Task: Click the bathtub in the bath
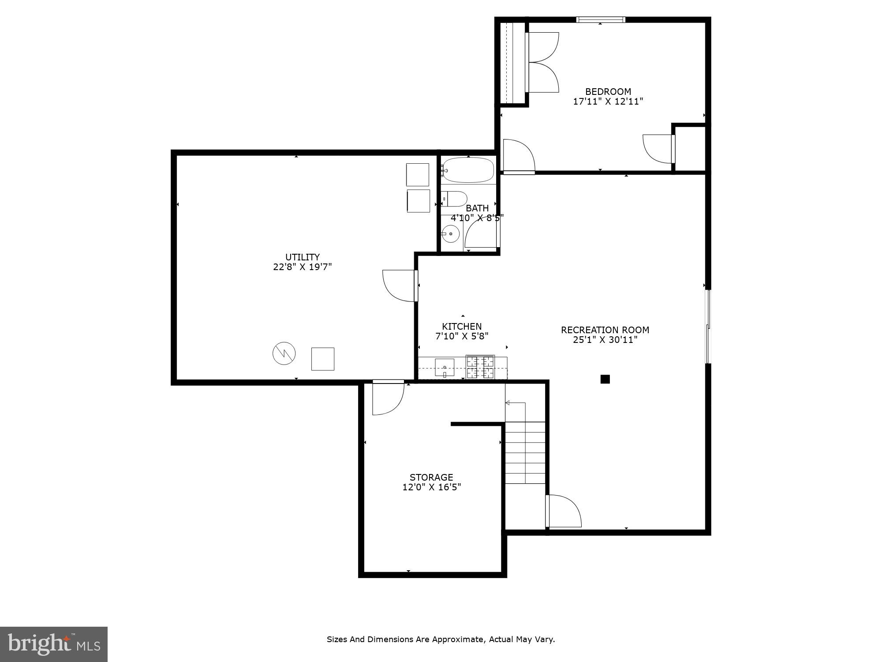468,170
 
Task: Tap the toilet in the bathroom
454,199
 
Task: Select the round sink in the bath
450,233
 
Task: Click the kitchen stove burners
480,367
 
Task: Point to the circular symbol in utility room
284,353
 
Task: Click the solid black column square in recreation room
605,379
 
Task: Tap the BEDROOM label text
608,91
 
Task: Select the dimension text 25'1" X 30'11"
605,340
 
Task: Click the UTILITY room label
303,257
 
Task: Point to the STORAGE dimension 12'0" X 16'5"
432,487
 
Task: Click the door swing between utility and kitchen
399,286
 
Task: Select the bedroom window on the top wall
601,19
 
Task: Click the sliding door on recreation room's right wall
708,327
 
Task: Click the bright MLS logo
53,644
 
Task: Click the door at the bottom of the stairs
563,511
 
